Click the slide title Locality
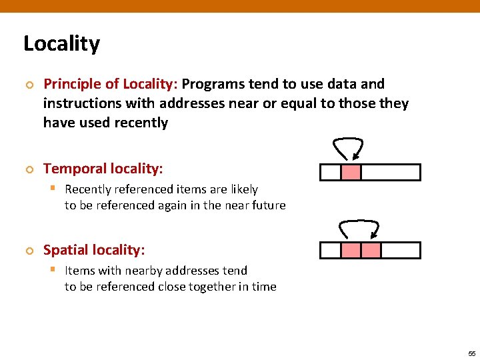tap(61, 44)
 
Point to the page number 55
tap(471, 353)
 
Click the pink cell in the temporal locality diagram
tap(351, 173)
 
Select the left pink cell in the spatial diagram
tap(351, 251)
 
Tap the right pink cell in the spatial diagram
tap(371, 251)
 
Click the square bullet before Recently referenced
tap(54, 189)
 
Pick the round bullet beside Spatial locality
tap(29, 251)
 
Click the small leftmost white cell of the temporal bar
tap(330, 173)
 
